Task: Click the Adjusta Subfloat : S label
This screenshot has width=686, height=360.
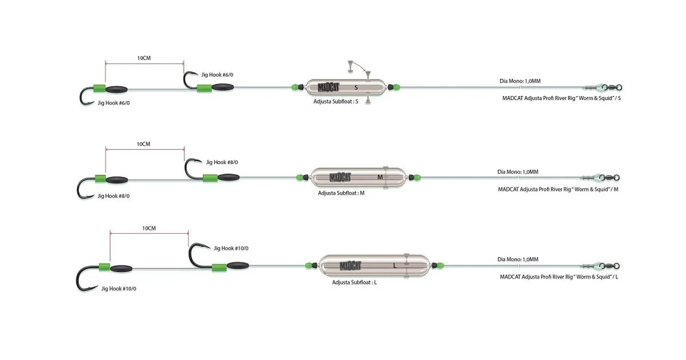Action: coord(335,102)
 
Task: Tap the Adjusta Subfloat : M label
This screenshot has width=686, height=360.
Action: coord(341,193)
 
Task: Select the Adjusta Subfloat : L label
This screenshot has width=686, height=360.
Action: coord(354,282)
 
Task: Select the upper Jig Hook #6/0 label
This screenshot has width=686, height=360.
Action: coord(217,75)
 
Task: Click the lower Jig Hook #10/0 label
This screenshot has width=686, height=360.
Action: coord(119,288)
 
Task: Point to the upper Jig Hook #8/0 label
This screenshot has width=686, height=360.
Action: coord(222,162)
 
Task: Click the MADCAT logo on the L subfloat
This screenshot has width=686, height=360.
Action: coord(351,265)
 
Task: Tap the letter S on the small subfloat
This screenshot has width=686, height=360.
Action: coord(356,88)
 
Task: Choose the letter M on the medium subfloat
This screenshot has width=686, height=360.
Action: coord(380,177)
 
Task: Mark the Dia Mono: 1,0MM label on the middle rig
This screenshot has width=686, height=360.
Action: coord(517,172)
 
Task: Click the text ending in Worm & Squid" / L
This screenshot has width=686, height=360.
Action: coord(559,277)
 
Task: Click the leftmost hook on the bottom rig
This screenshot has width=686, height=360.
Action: coord(87,279)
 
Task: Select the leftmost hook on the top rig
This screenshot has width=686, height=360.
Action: coord(87,96)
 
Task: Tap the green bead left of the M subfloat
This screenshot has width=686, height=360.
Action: coord(299,177)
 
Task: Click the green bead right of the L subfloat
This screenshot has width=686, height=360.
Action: coord(440,265)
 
